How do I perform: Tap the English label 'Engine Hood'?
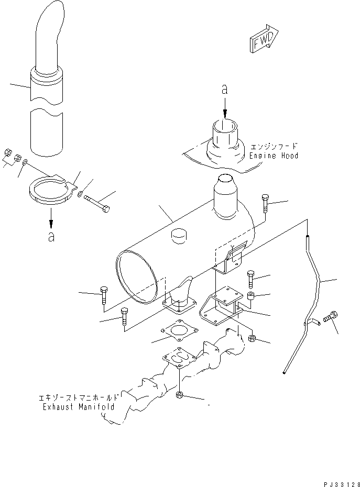[274, 156]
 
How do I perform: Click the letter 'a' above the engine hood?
[225, 90]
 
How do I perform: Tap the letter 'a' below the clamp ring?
[51, 237]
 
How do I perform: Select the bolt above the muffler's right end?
[265, 203]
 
